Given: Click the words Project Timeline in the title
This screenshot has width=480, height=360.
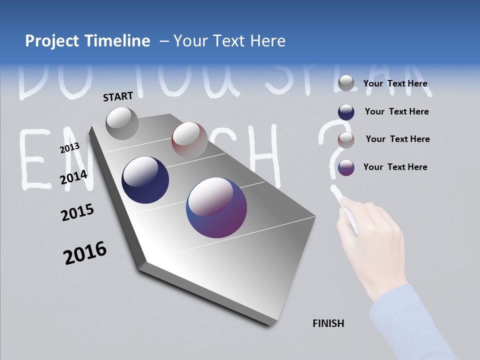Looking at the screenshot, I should (x=87, y=41).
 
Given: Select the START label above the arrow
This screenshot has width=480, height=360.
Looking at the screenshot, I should (x=118, y=96).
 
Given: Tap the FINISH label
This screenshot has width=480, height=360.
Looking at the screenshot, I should (x=328, y=323).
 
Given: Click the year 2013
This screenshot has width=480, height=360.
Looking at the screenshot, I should (x=69, y=148).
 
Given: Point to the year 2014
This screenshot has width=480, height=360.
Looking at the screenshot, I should (x=73, y=177).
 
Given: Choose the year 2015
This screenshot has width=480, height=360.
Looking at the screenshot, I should (x=77, y=212).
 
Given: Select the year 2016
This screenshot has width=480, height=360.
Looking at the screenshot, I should (x=85, y=253).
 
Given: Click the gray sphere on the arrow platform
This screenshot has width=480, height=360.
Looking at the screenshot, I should (x=122, y=123).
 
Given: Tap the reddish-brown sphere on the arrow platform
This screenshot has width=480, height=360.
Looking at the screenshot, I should (x=189, y=140).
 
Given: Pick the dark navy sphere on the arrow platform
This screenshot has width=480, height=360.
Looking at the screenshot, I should (x=145, y=180).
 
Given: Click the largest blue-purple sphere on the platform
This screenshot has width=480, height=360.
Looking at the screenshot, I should (x=216, y=207).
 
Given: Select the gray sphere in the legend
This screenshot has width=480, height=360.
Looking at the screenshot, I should (x=346, y=83).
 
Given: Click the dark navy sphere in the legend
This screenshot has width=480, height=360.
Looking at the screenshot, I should (x=346, y=112).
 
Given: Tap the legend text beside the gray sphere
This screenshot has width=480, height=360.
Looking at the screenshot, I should (x=395, y=84).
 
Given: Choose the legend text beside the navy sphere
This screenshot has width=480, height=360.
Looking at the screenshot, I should (x=396, y=112).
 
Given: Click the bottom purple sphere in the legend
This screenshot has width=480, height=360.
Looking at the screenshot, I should (x=346, y=167).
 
